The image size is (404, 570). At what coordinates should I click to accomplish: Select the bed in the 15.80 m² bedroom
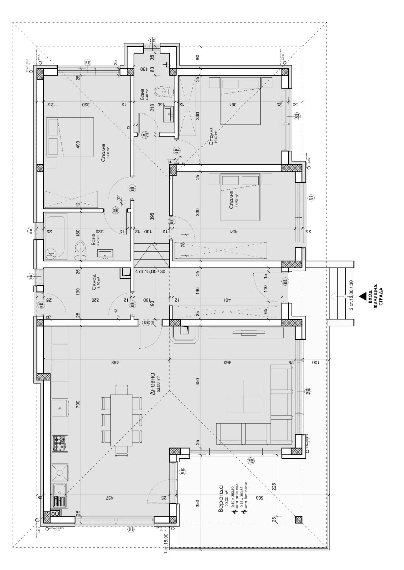pos(71,137)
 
